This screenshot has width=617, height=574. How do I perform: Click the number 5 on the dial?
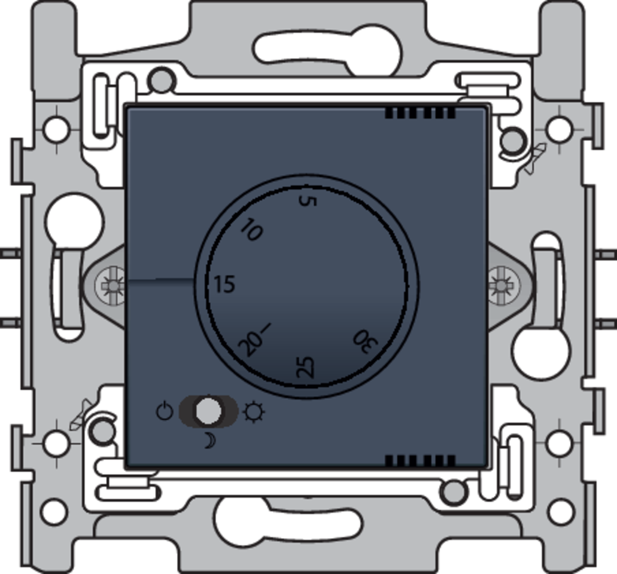307,200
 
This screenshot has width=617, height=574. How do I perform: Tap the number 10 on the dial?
252,230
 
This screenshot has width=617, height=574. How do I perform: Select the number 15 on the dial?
224,285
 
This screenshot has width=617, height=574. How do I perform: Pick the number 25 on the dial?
305,367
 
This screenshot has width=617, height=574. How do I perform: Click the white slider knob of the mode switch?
208,411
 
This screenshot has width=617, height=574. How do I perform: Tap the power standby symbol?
165,411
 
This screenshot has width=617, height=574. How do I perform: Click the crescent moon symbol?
209,441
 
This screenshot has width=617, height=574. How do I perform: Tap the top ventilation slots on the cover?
420,113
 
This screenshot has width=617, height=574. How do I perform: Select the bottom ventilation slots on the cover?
420,460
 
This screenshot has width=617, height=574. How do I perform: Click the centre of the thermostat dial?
308,286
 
